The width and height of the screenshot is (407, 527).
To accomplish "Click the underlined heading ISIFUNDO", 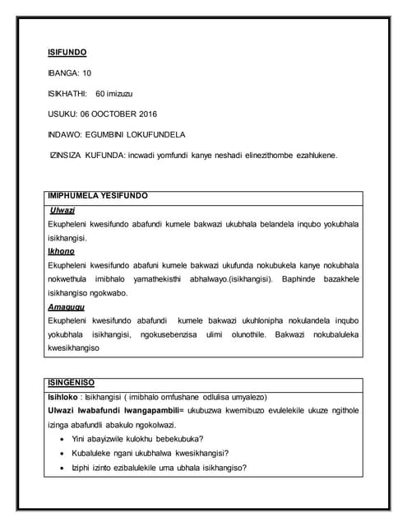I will [x=67, y=53].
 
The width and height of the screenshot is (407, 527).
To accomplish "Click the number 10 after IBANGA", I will [x=86, y=72].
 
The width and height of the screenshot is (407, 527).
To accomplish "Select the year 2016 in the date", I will [x=145, y=113].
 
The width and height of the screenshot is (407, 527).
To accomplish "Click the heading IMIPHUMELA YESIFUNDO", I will [x=99, y=197].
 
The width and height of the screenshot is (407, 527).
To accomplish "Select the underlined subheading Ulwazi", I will [x=63, y=211].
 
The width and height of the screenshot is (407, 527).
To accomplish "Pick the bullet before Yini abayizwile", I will [x=64, y=438].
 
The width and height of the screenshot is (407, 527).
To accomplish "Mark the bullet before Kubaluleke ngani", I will [x=64, y=453].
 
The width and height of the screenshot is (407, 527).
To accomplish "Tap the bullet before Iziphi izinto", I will [x=64, y=468].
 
